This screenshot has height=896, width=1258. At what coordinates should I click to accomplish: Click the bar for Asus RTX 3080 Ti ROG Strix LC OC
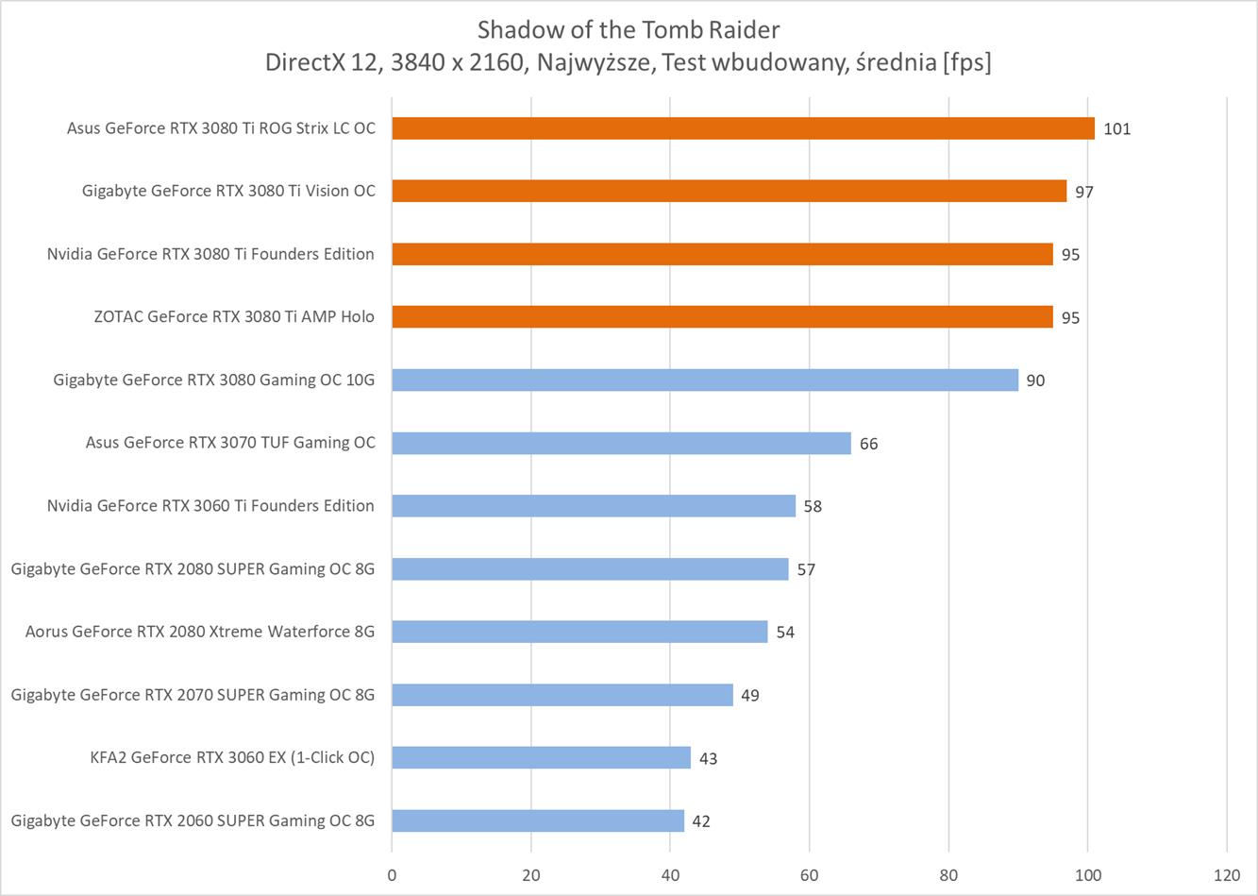click(x=743, y=128)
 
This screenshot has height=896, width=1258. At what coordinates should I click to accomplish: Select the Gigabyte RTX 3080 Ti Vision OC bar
click(x=729, y=191)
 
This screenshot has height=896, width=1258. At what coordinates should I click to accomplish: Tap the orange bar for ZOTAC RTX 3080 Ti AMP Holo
click(x=722, y=317)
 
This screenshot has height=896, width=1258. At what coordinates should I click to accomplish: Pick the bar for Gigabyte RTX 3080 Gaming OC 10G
click(x=705, y=380)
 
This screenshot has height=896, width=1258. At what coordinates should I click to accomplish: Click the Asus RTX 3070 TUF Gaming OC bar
click(x=621, y=443)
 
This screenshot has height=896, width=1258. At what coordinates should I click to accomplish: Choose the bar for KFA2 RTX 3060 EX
click(x=541, y=757)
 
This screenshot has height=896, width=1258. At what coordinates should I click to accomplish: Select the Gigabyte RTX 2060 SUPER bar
click(x=538, y=820)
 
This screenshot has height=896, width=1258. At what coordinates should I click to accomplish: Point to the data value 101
click(x=1116, y=129)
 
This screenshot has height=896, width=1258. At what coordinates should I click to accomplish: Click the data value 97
click(x=1084, y=192)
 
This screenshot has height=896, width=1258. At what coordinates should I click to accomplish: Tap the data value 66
click(x=868, y=444)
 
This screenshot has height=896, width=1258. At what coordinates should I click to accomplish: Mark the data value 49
click(x=750, y=696)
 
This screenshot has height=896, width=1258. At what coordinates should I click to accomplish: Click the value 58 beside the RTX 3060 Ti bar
click(x=813, y=507)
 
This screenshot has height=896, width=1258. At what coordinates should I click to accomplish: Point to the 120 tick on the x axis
click(x=1227, y=874)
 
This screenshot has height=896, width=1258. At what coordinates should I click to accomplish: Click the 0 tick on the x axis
click(x=392, y=874)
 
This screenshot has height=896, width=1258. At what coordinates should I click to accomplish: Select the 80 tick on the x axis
click(x=948, y=874)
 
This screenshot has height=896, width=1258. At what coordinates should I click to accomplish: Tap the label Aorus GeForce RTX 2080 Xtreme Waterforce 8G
click(x=200, y=632)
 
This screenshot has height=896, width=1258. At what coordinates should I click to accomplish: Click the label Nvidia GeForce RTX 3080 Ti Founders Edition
click(x=210, y=254)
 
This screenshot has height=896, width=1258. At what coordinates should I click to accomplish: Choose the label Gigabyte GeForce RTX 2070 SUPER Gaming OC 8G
click(x=193, y=695)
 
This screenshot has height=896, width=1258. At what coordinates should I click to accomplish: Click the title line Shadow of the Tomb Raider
click(x=629, y=28)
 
